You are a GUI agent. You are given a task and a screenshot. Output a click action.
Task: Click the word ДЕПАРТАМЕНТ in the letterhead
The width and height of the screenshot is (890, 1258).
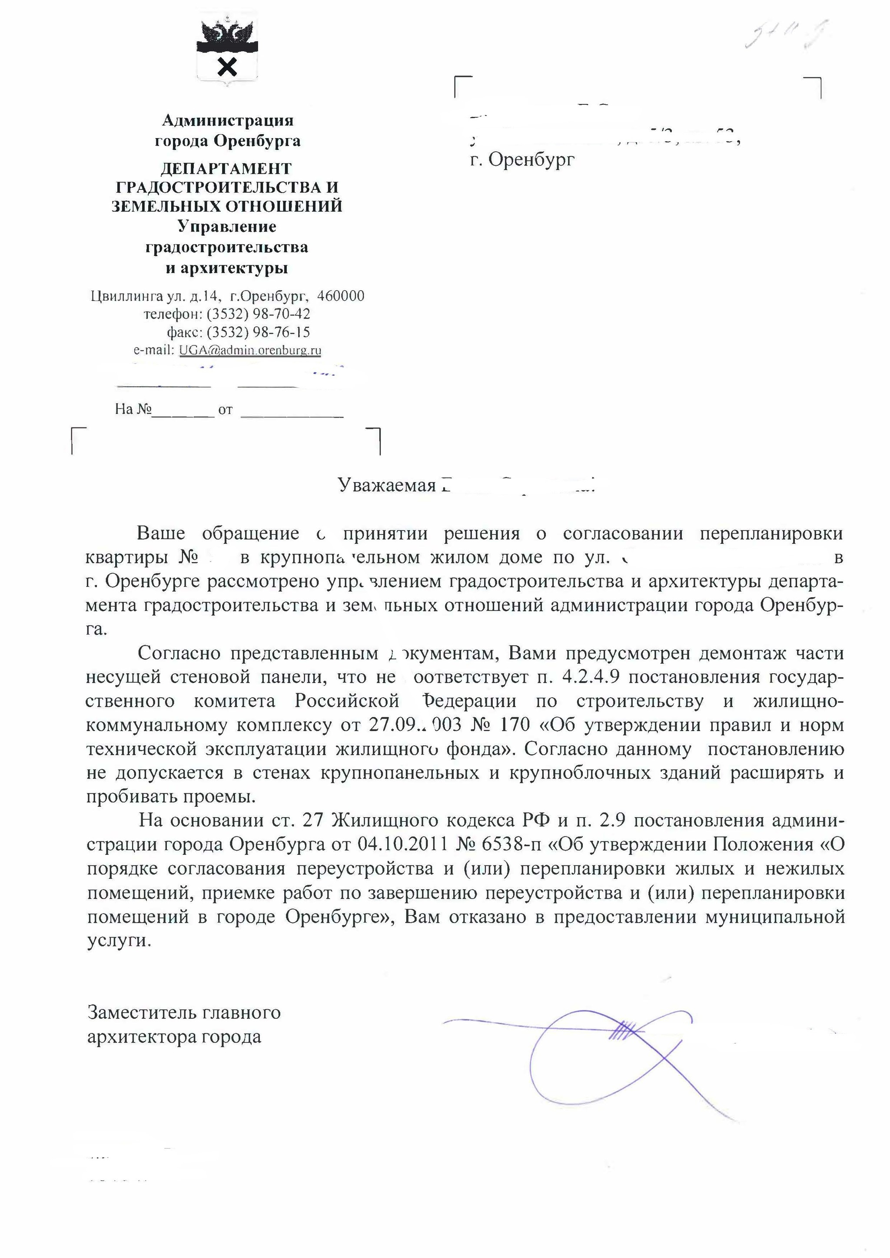(x=226, y=168)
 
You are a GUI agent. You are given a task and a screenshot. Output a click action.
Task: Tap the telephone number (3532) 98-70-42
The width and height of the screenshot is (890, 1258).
(x=258, y=314)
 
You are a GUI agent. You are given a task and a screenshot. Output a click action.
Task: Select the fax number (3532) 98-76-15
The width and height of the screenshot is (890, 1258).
(x=258, y=332)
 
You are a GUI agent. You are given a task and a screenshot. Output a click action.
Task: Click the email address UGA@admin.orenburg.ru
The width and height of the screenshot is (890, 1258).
(x=250, y=350)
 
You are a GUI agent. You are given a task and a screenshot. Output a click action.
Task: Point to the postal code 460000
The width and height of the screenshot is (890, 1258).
(x=340, y=296)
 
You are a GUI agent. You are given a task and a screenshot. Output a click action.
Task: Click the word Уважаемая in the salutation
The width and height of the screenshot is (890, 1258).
(x=387, y=486)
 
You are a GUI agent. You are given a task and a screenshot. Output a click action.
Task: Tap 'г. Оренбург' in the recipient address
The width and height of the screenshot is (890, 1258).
(x=523, y=159)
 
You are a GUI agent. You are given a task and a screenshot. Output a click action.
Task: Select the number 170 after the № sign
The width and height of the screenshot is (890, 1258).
(x=515, y=725)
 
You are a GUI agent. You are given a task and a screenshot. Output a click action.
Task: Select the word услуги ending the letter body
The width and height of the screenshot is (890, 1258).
(x=117, y=941)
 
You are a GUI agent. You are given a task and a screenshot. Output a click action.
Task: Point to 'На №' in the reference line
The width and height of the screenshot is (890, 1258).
(x=132, y=409)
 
